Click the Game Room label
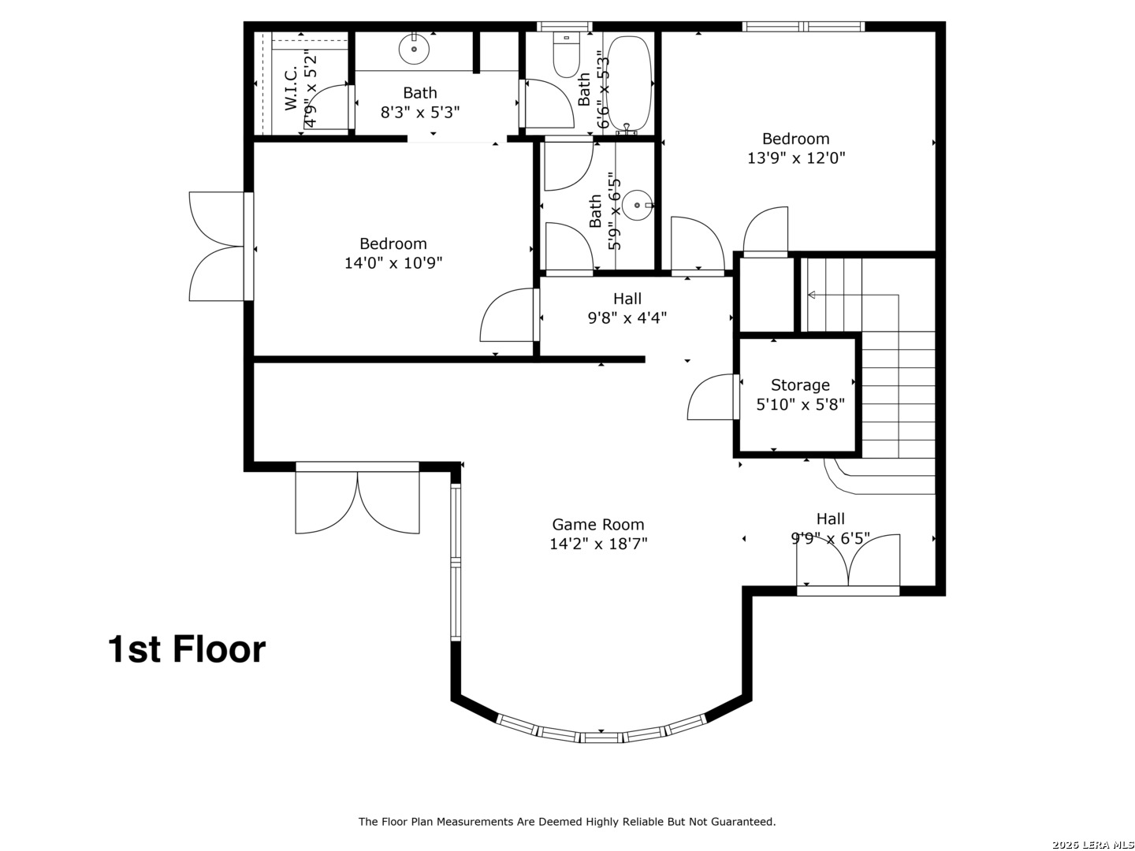click(x=597, y=524)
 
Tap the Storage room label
click(x=800, y=385)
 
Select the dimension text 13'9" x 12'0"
click(x=796, y=158)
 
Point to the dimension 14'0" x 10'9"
click(x=393, y=262)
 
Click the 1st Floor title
click(x=187, y=649)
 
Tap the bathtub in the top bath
click(x=629, y=84)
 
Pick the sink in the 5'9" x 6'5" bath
click(x=637, y=206)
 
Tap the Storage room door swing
click(x=712, y=398)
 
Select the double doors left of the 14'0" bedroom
click(x=217, y=247)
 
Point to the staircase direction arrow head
click(x=809, y=295)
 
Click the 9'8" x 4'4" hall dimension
click(x=627, y=318)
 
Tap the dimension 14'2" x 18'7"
click(x=598, y=544)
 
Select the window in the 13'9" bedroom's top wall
click(x=803, y=27)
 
